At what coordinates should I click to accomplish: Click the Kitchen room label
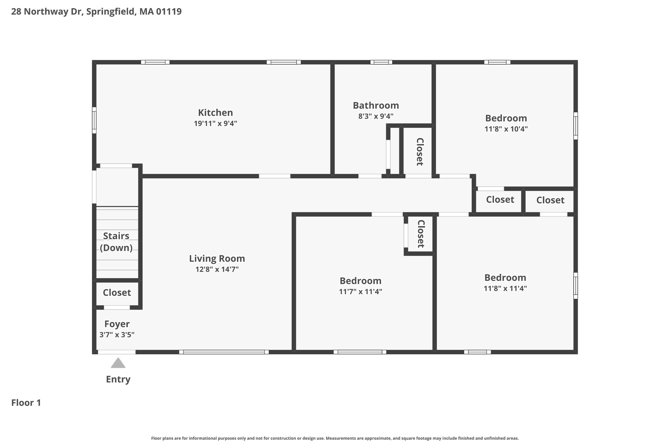pyautogui.click(x=215, y=113)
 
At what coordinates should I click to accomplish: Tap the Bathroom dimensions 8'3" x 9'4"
pyautogui.click(x=376, y=116)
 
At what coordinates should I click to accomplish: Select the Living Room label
pyautogui.click(x=217, y=259)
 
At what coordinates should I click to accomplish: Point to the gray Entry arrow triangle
pyautogui.click(x=118, y=363)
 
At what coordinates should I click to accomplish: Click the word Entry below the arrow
pyautogui.click(x=118, y=379)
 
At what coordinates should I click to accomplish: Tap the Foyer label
pyautogui.click(x=117, y=324)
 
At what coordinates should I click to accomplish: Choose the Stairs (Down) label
pyautogui.click(x=116, y=242)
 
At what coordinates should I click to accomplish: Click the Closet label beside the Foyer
pyautogui.click(x=117, y=292)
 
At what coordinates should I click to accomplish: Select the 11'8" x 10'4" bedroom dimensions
pyautogui.click(x=506, y=129)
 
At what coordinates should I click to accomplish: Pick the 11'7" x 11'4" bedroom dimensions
pyautogui.click(x=361, y=291)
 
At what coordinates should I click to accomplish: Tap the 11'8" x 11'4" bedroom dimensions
pyautogui.click(x=505, y=289)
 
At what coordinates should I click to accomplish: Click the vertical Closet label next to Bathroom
pyautogui.click(x=420, y=152)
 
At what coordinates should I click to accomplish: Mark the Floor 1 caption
pyautogui.click(x=26, y=403)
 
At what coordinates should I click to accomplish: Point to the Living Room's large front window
pyautogui.click(x=224, y=352)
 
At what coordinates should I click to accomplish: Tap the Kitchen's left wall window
pyautogui.click(x=94, y=120)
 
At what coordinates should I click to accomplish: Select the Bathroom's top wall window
pyautogui.click(x=381, y=62)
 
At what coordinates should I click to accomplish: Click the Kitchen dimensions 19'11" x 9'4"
pyautogui.click(x=215, y=123)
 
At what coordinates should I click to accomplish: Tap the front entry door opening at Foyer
pyautogui.click(x=117, y=352)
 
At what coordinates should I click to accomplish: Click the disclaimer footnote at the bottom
pyautogui.click(x=335, y=438)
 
